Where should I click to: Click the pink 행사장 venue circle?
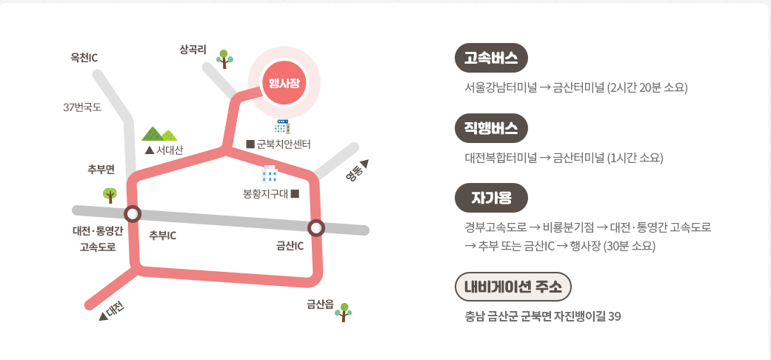pos(284,82)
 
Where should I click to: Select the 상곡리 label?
pos(193,50)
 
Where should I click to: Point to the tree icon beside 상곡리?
pos(224,58)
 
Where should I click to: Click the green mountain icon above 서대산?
pos(160,133)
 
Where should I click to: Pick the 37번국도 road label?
pos(82,107)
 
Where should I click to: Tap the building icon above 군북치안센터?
pos(282,126)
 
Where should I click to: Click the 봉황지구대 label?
pos(270,195)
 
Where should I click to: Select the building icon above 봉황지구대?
pos(270,175)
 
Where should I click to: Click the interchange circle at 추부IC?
pos(133,214)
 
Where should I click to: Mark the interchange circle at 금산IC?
pos(316,227)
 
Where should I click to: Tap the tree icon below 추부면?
pos(110,195)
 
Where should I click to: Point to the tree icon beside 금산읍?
pos(343,312)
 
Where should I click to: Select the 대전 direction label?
pos(113,311)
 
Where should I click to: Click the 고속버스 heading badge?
pos(491,59)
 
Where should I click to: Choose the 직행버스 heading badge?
pos(491,127)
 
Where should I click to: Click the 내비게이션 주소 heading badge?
pos(513,287)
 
